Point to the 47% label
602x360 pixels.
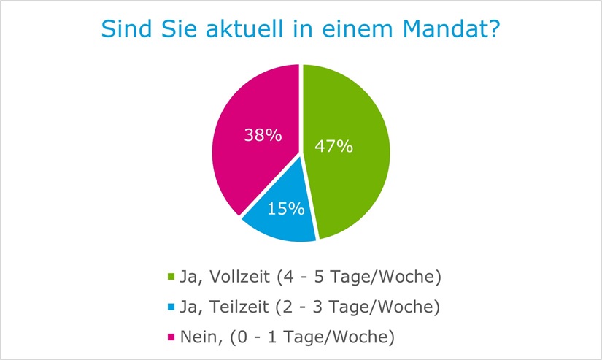tap(333, 146)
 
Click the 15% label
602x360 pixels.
tap(285, 208)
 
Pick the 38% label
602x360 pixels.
tap(262, 135)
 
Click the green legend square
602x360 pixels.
tap(171, 277)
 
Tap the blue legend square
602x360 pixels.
tap(171, 307)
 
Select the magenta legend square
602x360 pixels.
tap(171, 338)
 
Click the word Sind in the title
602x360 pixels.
tap(123, 29)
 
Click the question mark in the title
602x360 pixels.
tap(495, 29)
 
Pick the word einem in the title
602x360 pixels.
tap(352, 29)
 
